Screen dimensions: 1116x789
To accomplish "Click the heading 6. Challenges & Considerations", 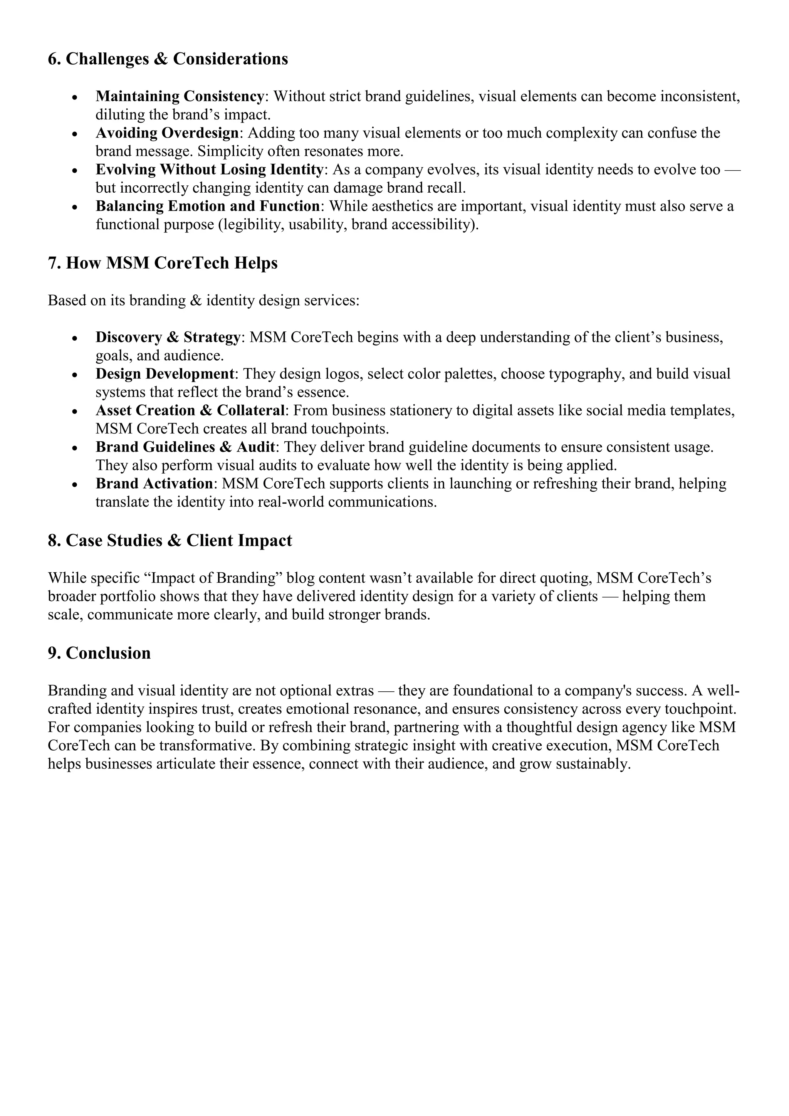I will [x=168, y=59].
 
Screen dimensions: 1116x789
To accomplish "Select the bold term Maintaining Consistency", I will [x=179, y=96].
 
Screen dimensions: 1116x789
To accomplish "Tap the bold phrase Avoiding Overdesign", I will [x=168, y=133].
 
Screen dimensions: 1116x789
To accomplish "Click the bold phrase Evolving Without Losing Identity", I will [x=210, y=170].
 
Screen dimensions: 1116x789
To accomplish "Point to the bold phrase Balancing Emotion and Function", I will [x=207, y=206].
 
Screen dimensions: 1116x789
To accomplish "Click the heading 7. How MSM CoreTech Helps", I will [x=163, y=263].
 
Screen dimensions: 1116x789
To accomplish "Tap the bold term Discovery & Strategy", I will [x=168, y=337].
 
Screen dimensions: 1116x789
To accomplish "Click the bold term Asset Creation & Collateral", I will [x=190, y=411].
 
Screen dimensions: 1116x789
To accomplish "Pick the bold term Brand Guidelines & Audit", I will [x=185, y=447].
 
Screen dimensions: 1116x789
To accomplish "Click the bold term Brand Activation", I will [x=154, y=484].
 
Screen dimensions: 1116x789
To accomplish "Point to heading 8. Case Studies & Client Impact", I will [x=170, y=541].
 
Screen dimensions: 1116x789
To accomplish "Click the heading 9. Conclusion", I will [x=99, y=653].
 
